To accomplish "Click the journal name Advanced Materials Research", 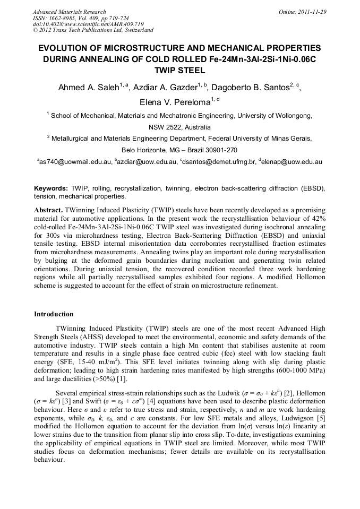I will pos(69,12).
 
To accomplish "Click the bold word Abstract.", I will pos(48,210).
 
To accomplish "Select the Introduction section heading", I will pos(54,314).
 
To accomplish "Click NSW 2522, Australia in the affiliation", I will pos(179,127).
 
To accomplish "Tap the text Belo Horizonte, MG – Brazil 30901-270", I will pos(179,150).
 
